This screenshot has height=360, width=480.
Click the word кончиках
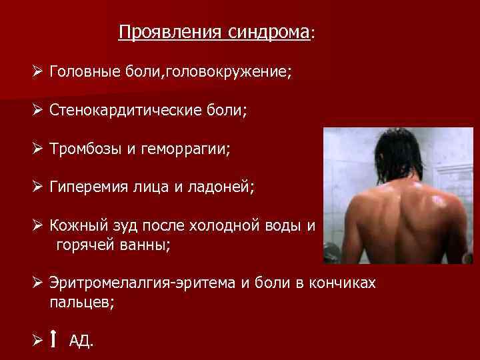[343, 283]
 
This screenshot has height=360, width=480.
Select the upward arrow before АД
[54, 340]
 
